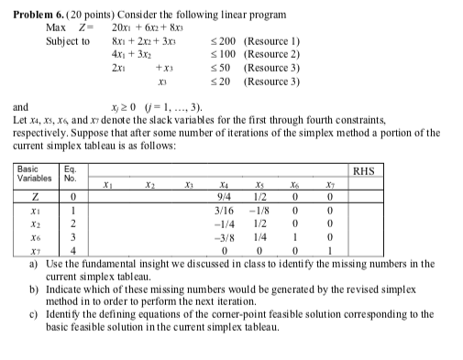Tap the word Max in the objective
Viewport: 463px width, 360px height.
point(54,28)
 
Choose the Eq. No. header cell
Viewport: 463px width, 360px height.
point(71,172)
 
